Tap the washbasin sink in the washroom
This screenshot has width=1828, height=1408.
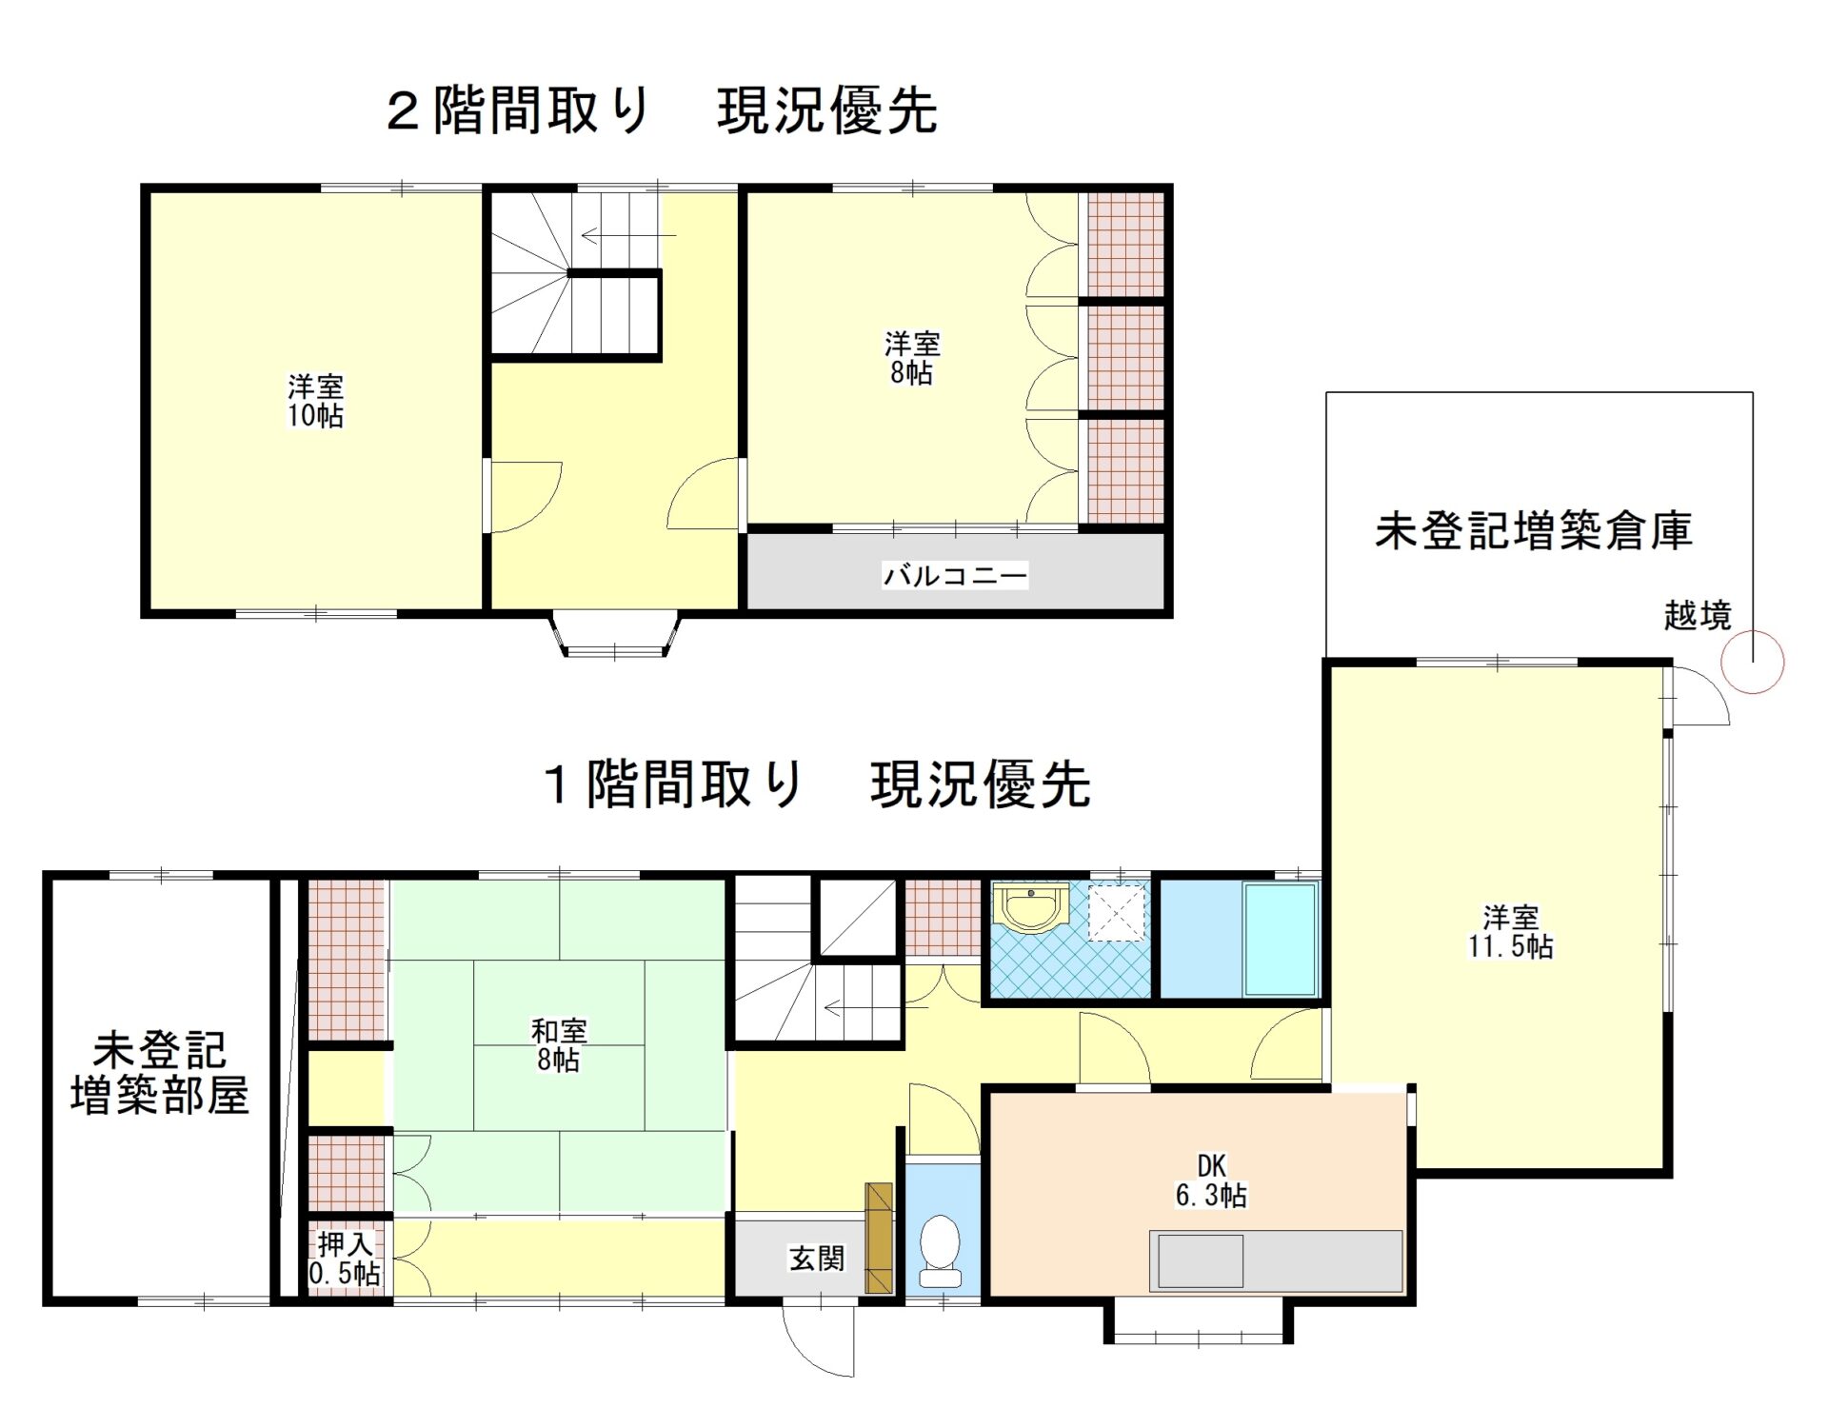tap(1030, 908)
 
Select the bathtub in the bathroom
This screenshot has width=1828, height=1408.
tap(1280, 939)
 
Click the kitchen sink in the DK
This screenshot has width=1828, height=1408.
tap(1200, 1260)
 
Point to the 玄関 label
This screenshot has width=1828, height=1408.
tap(817, 1258)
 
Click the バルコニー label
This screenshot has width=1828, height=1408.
tap(955, 576)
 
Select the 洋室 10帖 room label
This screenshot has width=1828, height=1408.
tap(316, 401)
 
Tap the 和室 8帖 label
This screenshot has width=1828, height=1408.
tap(559, 1044)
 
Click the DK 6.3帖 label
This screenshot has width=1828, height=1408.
tap(1211, 1180)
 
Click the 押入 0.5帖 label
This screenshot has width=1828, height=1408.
tap(345, 1259)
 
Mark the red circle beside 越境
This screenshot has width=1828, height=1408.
tap(1753, 663)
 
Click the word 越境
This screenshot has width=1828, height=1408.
tap(1697, 616)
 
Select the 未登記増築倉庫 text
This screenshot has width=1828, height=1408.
tap(1533, 530)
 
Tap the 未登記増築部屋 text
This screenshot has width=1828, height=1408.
tap(160, 1073)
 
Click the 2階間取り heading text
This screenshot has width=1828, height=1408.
tap(519, 110)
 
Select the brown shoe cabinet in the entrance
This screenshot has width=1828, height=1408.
tap(879, 1238)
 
